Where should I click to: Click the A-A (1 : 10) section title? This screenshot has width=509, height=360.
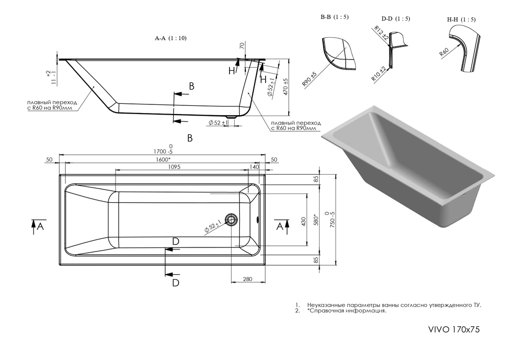171,38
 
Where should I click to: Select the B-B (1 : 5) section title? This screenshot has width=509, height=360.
334,17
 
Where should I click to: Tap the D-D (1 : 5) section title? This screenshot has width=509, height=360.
395,19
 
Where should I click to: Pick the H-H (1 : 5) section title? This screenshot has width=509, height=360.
461,19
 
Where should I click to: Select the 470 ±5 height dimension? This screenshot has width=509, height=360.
287,87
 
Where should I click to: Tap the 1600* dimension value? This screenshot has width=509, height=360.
163,159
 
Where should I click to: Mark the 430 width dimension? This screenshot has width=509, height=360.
304,221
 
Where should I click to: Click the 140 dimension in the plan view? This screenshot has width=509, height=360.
254,167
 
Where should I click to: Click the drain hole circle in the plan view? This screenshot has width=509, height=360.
232,220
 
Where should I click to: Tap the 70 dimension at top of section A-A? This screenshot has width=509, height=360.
242,46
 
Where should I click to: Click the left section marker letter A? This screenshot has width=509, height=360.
40,227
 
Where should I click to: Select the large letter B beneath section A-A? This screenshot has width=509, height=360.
189,137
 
